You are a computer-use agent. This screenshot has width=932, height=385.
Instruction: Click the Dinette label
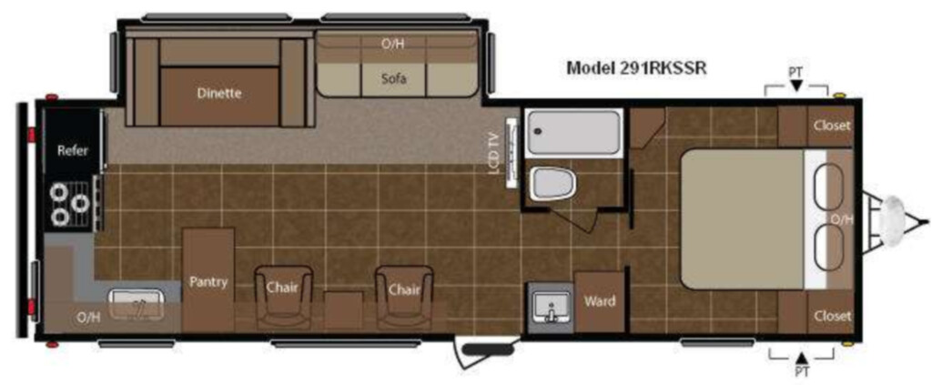[x=219, y=93]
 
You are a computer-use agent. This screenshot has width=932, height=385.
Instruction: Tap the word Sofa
[x=395, y=78]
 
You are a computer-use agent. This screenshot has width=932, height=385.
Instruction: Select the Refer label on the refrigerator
[x=73, y=150]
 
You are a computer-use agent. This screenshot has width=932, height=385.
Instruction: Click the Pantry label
[x=208, y=281]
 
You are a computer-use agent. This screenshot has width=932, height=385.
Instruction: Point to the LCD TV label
[x=493, y=152]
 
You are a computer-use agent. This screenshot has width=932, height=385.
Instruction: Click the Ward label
[x=599, y=300]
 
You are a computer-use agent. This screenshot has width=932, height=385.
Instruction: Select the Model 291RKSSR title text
[x=636, y=67]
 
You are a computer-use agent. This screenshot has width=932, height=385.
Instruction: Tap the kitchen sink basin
[x=137, y=305]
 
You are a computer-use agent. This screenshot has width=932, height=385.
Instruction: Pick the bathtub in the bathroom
[x=574, y=133]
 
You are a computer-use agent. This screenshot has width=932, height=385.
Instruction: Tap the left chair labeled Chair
[x=283, y=295]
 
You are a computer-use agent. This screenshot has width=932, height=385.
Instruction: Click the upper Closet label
[x=832, y=126]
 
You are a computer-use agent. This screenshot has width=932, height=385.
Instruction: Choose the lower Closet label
[x=832, y=316]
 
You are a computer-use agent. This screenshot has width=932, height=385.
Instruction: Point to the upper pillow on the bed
[x=828, y=187]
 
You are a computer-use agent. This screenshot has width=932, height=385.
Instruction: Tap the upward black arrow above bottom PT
[x=801, y=358]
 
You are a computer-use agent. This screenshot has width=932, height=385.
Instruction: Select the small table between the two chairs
[x=343, y=309]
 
